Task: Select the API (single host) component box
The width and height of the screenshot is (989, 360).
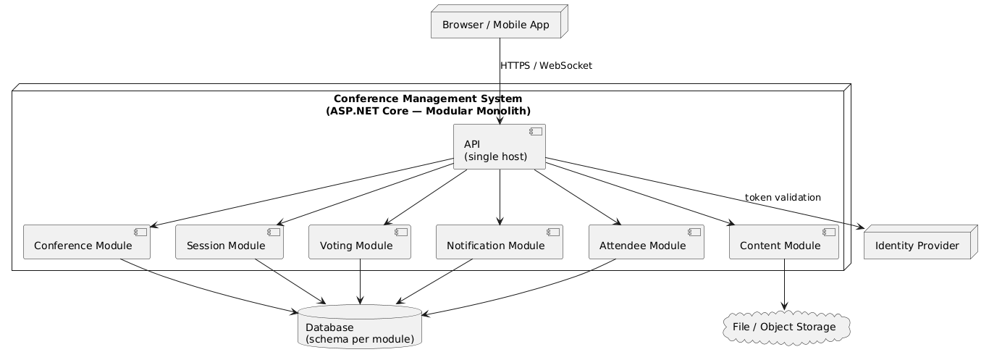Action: click(x=499, y=147)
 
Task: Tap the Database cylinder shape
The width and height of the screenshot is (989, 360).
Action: click(x=360, y=327)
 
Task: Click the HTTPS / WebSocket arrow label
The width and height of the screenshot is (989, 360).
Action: click(x=546, y=66)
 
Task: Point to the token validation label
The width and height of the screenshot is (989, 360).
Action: click(x=782, y=197)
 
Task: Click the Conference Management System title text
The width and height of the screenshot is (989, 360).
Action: click(x=428, y=104)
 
